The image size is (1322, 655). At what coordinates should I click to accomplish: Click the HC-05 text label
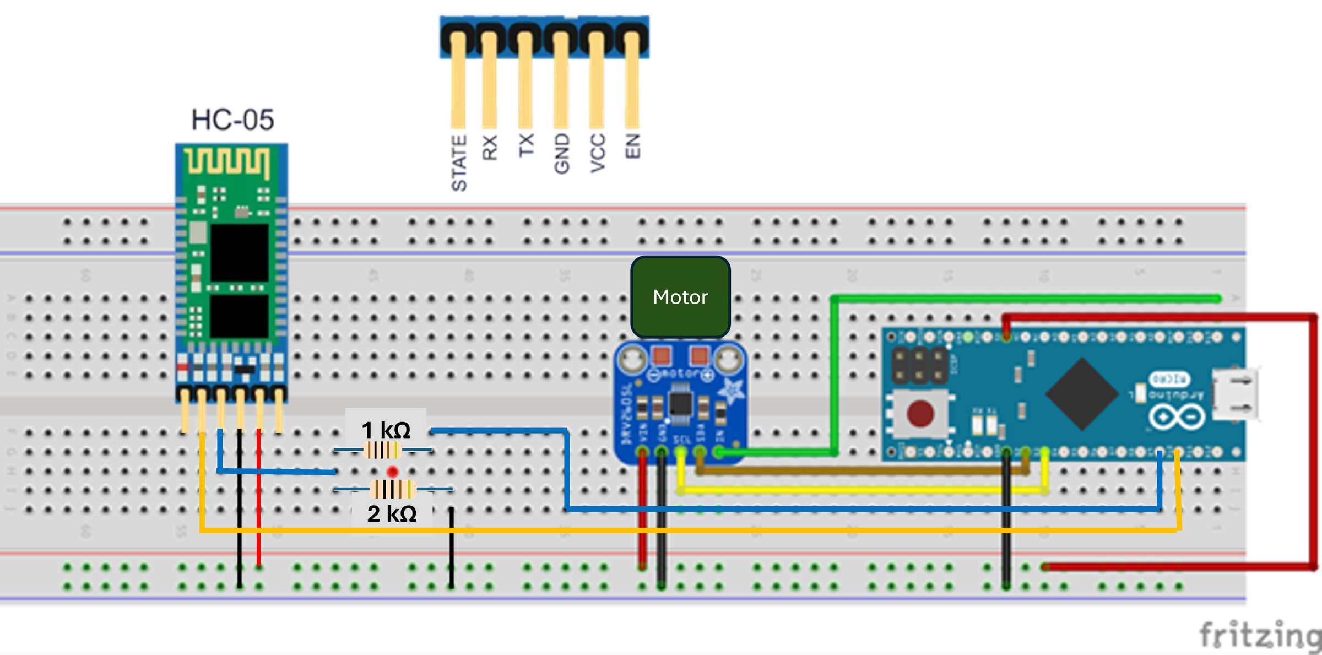[232, 120]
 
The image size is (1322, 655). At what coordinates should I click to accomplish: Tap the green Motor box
[680, 297]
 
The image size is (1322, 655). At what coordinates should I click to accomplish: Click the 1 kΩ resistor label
[386, 430]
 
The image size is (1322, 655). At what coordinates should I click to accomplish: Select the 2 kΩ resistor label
[392, 514]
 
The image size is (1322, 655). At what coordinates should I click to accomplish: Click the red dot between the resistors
[392, 472]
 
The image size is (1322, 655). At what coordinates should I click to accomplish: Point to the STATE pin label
[459, 163]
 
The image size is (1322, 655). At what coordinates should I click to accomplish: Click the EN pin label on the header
[633, 145]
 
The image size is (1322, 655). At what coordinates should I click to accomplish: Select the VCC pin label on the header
[597, 153]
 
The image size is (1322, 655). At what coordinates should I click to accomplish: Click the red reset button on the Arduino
[920, 414]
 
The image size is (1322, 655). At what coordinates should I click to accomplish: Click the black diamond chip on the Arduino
[1082, 394]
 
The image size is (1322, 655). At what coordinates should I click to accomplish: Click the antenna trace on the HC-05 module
[227, 161]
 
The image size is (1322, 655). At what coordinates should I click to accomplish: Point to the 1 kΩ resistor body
[382, 451]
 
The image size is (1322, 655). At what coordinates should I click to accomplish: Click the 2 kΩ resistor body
[392, 489]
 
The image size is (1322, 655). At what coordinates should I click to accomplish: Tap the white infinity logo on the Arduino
[1176, 417]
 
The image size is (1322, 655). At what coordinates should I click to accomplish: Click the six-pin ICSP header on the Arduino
[919, 366]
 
